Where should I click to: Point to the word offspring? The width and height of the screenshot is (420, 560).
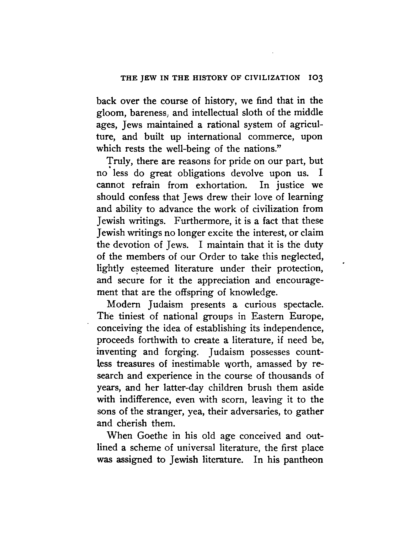click(x=194, y=292)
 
